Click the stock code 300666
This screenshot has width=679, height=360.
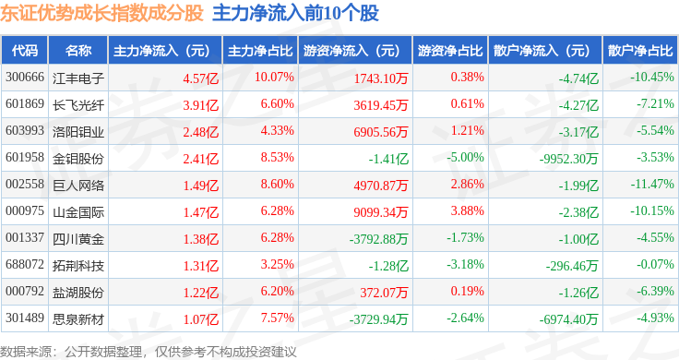pyautogui.click(x=25, y=78)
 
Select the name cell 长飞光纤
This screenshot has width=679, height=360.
pyautogui.click(x=78, y=105)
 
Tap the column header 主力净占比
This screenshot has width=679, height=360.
pyautogui.click(x=260, y=51)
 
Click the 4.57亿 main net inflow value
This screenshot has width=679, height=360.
pyautogui.click(x=201, y=78)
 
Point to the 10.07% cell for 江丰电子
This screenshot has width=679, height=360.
pyautogui.click(x=274, y=78)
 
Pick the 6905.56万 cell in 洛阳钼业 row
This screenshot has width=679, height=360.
pyautogui.click(x=381, y=132)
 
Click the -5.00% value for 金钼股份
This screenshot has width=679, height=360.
pyautogui.click(x=466, y=157)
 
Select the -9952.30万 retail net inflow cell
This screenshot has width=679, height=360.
pyautogui.click(x=568, y=159)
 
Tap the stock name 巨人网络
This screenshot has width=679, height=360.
pyautogui.click(x=78, y=186)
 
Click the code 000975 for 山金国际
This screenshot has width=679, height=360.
pyautogui.click(x=25, y=211)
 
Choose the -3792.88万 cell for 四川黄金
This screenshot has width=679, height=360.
pyautogui.click(x=379, y=239)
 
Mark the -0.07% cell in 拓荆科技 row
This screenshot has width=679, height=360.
pyautogui.click(x=655, y=264)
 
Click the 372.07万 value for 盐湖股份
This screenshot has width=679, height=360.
pyautogui.click(x=384, y=293)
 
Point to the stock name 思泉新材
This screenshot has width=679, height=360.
pyautogui.click(x=78, y=319)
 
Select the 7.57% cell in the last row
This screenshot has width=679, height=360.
pyautogui.click(x=277, y=318)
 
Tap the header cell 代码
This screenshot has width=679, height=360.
pyautogui.click(x=25, y=51)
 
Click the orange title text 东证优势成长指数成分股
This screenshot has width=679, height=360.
pyautogui.click(x=101, y=13)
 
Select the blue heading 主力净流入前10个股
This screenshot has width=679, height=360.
pyautogui.click(x=295, y=13)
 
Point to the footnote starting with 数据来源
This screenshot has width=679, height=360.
pyautogui.click(x=149, y=352)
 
